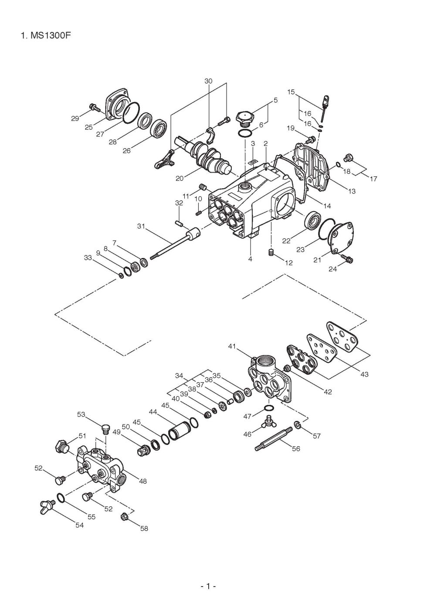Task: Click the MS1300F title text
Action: pyautogui.click(x=46, y=36)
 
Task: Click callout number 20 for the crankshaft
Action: pyautogui.click(x=179, y=178)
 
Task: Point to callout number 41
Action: pyautogui.click(x=232, y=346)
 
